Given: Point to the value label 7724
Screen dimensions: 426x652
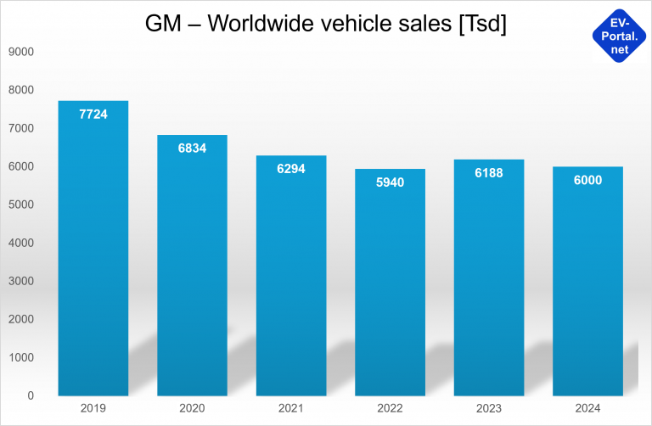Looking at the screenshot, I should click(x=93, y=114).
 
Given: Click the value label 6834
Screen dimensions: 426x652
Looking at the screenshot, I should click(x=192, y=148).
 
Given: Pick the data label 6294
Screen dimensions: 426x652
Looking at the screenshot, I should click(x=290, y=168).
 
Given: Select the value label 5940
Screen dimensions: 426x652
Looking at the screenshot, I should click(x=389, y=182).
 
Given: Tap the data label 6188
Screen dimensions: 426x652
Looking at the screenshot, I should click(x=488, y=172).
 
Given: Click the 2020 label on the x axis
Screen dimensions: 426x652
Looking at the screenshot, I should click(x=192, y=408).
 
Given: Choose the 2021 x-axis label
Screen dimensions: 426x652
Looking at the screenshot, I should click(x=290, y=408).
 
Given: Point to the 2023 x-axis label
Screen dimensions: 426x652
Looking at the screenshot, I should click(x=488, y=408).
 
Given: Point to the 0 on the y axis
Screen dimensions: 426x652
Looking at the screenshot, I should click(x=30, y=395).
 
